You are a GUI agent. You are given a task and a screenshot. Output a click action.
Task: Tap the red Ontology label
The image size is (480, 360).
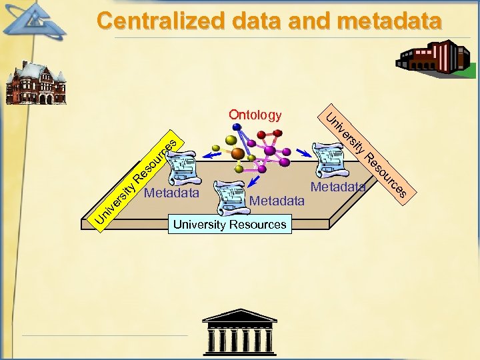[x=255, y=115]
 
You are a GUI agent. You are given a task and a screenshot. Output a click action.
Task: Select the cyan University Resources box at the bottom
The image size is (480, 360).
[x=229, y=224]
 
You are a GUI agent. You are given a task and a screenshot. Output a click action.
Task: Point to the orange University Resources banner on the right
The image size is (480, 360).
[x=365, y=157]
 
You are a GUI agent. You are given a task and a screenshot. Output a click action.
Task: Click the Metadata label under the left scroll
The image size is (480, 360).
[x=171, y=194]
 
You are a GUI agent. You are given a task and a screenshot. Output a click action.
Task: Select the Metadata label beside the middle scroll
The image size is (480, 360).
[x=277, y=200]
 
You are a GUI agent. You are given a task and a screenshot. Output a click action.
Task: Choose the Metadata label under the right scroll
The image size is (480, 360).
[x=338, y=187]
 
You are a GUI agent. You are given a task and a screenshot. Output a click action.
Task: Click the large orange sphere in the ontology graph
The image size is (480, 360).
[x=237, y=153]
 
